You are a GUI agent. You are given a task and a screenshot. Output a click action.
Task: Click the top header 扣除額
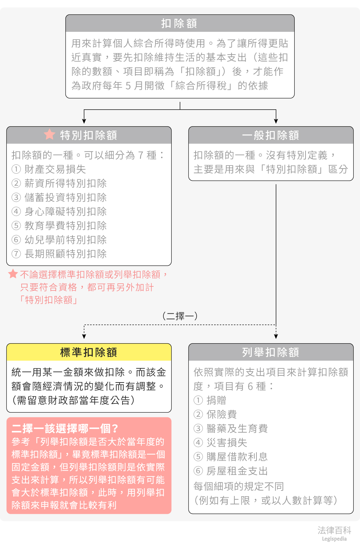pos(179,23)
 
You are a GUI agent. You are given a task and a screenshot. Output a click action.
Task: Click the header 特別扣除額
pos(89,135)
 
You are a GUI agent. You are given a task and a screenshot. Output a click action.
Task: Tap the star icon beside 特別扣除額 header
pos(49,134)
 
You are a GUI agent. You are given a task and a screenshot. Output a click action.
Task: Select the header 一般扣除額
pos(271,135)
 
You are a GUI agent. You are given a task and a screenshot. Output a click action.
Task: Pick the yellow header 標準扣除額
pos(89,352)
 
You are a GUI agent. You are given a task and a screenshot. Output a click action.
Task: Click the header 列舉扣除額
pos(271,352)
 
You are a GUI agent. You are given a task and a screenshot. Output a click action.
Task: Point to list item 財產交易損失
pos(55,169)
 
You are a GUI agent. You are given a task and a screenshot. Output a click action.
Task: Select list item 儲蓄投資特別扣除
pos(66,197)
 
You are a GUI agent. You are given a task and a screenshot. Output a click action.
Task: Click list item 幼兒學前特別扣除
pos(66,240)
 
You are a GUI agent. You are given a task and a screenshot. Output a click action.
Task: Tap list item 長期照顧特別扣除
pos(66,254)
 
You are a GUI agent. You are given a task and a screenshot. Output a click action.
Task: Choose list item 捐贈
pos(216,400)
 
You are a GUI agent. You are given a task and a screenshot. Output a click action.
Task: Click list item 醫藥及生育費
pos(237,429)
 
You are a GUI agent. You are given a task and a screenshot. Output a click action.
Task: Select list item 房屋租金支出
pos(237,471)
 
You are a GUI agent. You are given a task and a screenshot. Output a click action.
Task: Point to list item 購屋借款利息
pos(237,457)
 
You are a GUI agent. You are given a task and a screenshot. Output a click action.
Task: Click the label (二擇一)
pos(180,316)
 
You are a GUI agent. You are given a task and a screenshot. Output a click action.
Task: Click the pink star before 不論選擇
pos(13,274)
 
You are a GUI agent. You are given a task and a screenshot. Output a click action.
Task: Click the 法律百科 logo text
pos(334,530)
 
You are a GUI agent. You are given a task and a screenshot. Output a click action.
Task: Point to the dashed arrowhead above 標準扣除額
pos(84,336)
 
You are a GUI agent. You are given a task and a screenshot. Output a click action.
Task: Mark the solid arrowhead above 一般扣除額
pos(276,121)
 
